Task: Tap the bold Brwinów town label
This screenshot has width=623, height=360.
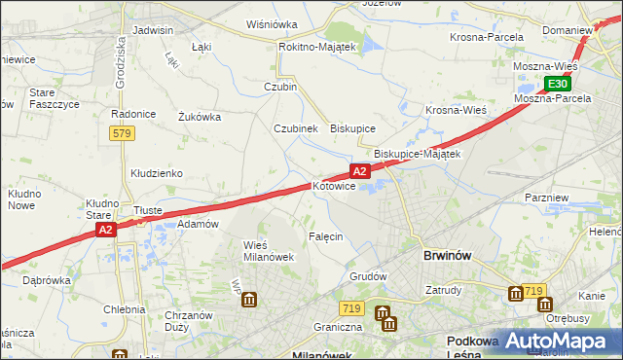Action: click(448, 255)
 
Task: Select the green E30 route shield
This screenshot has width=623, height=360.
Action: click(557, 84)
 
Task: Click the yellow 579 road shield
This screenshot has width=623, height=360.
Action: click(121, 133)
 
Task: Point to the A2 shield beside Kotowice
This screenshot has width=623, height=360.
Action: click(360, 171)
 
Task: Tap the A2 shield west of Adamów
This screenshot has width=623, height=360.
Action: click(107, 230)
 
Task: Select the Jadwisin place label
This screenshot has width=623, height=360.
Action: click(152, 30)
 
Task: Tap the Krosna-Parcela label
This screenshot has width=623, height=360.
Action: click(487, 37)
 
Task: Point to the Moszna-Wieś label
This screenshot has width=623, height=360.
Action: click(546, 66)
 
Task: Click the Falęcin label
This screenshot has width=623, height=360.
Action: click(326, 237)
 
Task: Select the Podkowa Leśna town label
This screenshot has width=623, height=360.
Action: click(472, 348)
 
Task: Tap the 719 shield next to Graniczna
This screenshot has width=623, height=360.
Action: click(352, 308)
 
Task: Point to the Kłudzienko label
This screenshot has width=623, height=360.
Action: click(157, 173)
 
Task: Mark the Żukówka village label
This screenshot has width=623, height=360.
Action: click(200, 117)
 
